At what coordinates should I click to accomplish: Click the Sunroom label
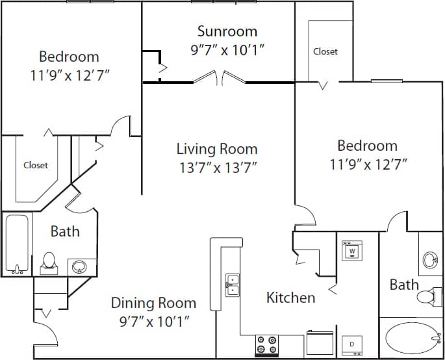click(227, 31)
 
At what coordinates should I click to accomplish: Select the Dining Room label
click(153, 303)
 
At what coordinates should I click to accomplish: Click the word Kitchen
click(291, 298)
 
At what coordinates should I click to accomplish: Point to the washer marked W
click(351, 250)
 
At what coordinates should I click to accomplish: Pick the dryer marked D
click(351, 343)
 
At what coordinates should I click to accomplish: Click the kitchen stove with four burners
click(266, 344)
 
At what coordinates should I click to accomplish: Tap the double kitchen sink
click(232, 285)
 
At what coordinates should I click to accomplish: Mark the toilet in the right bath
click(426, 298)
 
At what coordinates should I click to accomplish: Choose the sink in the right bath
click(430, 261)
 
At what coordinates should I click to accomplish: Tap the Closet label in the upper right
click(325, 51)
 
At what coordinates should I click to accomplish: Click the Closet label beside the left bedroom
click(36, 165)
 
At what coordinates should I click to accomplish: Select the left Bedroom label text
click(69, 57)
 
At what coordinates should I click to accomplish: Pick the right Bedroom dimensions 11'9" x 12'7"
click(368, 164)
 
